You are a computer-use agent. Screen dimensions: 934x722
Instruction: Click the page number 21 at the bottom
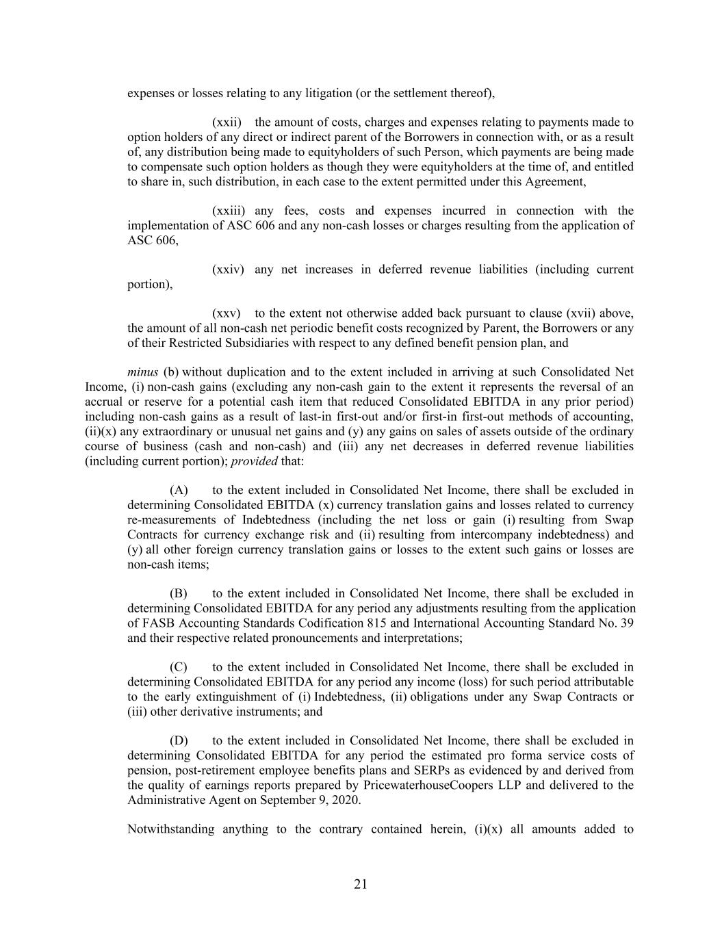pyautogui.click(x=361, y=884)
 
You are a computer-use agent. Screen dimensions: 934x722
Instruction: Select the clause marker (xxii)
pyautogui.click(x=227, y=122)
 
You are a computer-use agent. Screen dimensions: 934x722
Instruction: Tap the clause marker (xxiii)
pyautogui.click(x=229, y=211)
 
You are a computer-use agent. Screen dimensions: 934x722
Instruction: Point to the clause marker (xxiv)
pyautogui.click(x=228, y=270)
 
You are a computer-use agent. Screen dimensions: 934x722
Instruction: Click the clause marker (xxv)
pyautogui.click(x=227, y=313)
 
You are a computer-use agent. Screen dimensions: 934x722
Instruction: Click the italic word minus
pyautogui.click(x=142, y=372)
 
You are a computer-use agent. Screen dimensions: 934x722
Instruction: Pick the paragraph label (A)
pyautogui.click(x=179, y=490)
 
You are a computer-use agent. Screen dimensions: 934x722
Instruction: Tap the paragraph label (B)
pyautogui.click(x=179, y=593)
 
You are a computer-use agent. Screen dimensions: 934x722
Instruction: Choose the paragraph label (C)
pyautogui.click(x=179, y=667)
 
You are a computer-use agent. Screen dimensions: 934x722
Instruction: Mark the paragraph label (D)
pyautogui.click(x=179, y=740)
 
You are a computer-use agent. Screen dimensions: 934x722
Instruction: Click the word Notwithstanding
pyautogui.click(x=170, y=829)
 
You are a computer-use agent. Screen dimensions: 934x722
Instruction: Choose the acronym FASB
pyautogui.click(x=158, y=623)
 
